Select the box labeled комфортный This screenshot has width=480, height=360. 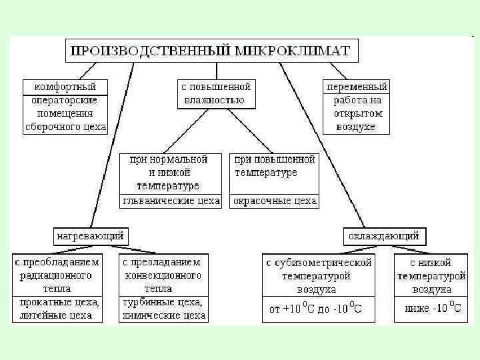(x=65, y=87)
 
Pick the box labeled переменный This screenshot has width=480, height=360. (x=357, y=87)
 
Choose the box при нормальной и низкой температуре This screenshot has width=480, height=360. (x=171, y=173)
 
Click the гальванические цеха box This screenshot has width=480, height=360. (x=171, y=201)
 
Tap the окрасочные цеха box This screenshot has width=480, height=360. (x=274, y=201)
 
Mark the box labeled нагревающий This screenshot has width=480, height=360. (x=90, y=236)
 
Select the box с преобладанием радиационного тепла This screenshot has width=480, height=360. (x=57, y=274)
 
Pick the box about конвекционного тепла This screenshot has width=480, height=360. (x=163, y=274)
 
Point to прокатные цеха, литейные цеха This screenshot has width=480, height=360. (x=57, y=309)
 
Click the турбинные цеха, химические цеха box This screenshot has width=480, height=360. (x=163, y=309)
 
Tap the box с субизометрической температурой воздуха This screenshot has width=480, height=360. (x=318, y=275)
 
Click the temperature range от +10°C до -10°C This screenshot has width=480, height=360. (x=318, y=309)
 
